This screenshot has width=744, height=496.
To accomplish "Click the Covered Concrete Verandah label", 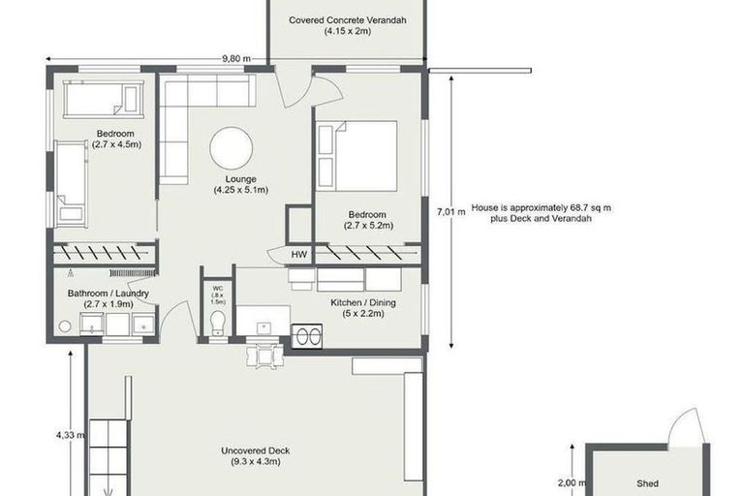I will pyautogui.click(x=346, y=25).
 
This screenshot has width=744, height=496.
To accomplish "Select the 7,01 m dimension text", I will pyautogui.click(x=445, y=211).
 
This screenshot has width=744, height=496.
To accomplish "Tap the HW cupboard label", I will pyautogui.click(x=299, y=254).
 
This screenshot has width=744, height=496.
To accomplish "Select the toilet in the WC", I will pyautogui.click(x=218, y=321).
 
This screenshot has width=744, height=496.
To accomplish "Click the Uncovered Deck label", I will pyautogui.click(x=255, y=456).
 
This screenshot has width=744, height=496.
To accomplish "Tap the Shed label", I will pyautogui.click(x=647, y=482).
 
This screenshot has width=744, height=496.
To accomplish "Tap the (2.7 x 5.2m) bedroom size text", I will pyautogui.click(x=367, y=227).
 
